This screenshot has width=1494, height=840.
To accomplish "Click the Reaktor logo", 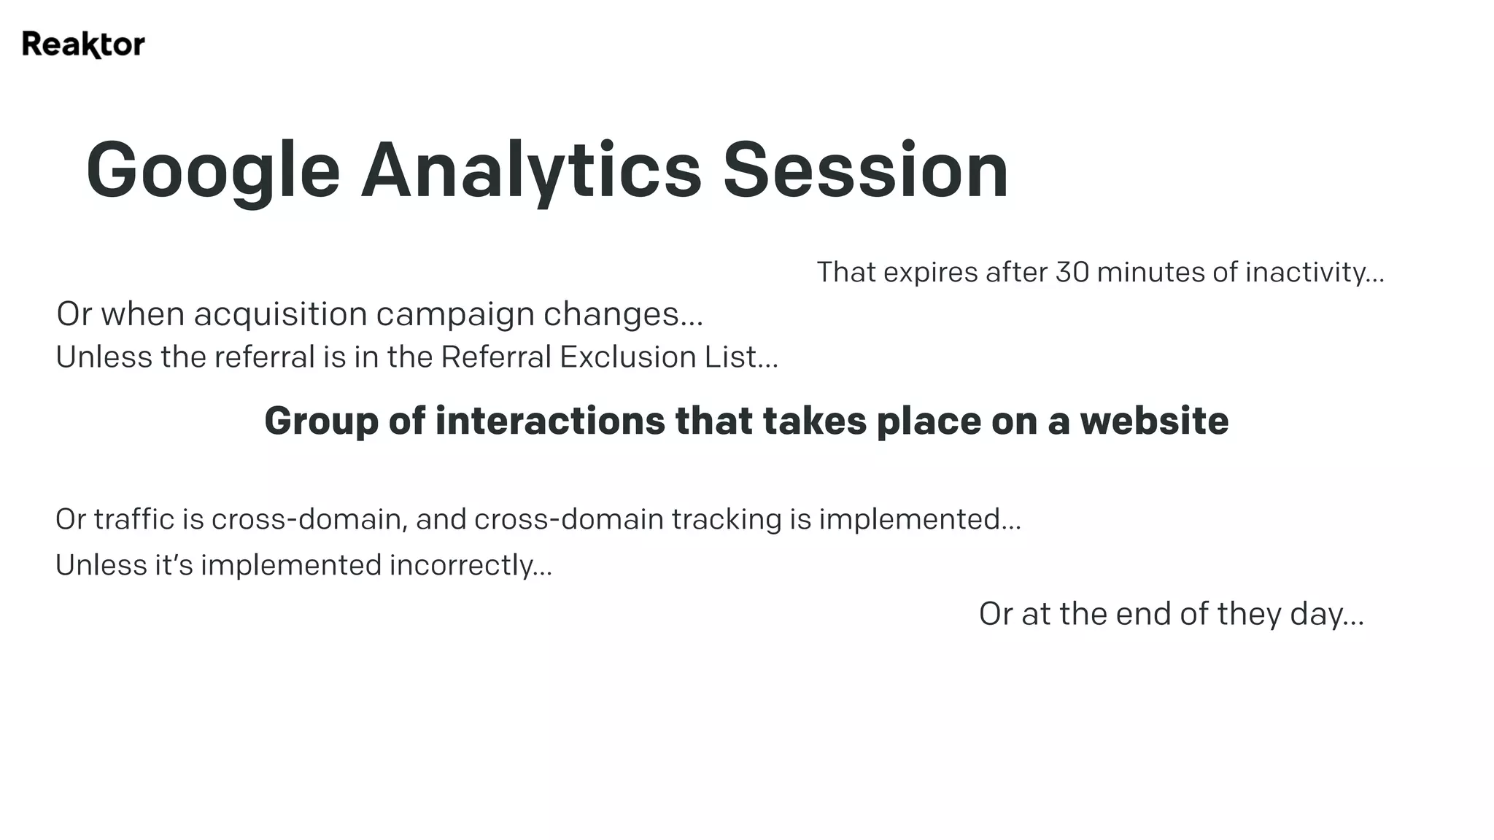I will [83, 44].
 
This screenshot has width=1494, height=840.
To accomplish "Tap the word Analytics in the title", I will [531, 171].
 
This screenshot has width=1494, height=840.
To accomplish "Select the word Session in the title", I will [865, 171].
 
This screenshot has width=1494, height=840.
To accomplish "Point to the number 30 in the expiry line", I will [1072, 273].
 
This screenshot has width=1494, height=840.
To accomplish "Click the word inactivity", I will [1313, 273].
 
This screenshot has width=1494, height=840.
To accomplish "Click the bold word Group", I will [321, 421].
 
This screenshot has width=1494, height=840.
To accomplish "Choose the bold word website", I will [1154, 421].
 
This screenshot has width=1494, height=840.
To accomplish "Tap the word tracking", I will [726, 520].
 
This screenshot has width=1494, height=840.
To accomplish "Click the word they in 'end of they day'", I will [1249, 615].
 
